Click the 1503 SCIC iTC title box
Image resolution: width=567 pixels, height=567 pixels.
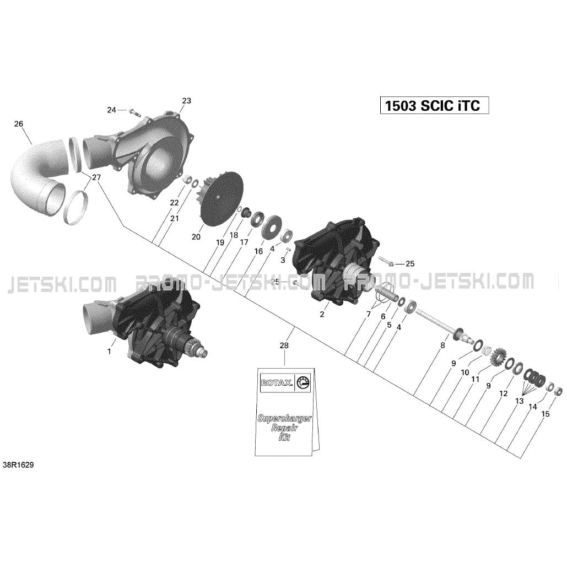434,106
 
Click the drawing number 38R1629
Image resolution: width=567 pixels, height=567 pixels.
18,465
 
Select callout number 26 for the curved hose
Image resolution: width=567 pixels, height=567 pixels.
18,124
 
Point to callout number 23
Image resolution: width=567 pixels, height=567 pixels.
186,100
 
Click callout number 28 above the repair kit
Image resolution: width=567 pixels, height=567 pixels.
284,345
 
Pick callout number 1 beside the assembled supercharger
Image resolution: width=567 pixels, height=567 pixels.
109,351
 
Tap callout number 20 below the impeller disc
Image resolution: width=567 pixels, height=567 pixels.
196,237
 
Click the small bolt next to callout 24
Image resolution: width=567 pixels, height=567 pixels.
134,112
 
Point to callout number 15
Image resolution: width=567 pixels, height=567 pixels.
546,414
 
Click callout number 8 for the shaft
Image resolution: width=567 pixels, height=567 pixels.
442,345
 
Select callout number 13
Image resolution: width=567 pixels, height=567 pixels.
519,401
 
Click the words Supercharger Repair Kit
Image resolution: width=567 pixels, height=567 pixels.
284,428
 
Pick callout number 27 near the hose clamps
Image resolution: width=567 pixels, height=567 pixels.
96,177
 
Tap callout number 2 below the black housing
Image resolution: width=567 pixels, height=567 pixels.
322,315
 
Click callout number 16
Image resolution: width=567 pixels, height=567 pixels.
258,251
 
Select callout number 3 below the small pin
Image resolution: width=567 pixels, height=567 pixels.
283,260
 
